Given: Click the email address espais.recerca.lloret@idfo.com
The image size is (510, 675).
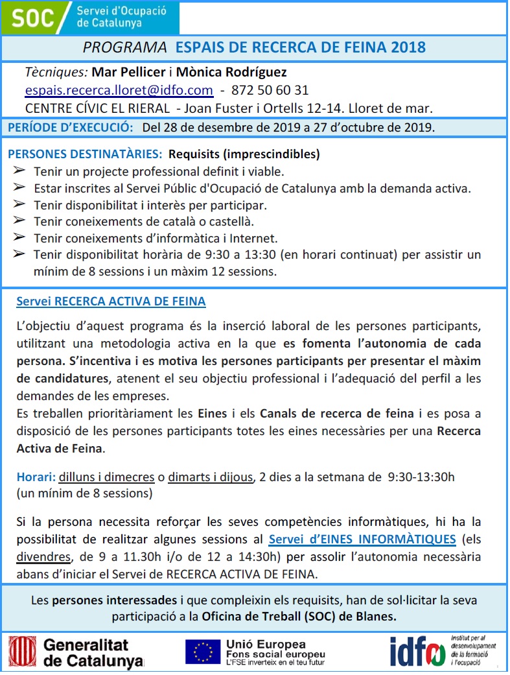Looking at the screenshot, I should pos(119,90).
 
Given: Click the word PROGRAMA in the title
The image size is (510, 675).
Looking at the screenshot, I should pos(125,48).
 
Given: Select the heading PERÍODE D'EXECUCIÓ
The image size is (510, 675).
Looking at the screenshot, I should pos(71,127).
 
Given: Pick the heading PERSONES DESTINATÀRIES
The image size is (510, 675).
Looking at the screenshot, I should pos(85,155).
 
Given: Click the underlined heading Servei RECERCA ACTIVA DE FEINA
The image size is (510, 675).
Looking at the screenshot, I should pos(111,302).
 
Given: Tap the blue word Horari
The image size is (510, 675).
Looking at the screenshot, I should pos(35,478).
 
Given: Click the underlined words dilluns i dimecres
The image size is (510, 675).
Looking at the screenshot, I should pos(106,478).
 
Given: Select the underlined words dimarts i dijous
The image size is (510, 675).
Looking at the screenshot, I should pos(210,478).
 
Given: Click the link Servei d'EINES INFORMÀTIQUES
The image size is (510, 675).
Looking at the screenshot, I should pos(362,539).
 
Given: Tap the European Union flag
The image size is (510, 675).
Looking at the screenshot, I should pos(202,652).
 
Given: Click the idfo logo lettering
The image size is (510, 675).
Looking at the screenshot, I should pos(417,651).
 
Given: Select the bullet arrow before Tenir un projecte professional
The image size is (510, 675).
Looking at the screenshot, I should pos(19,171).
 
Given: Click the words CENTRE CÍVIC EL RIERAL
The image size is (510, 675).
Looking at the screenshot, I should pos(98,108).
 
